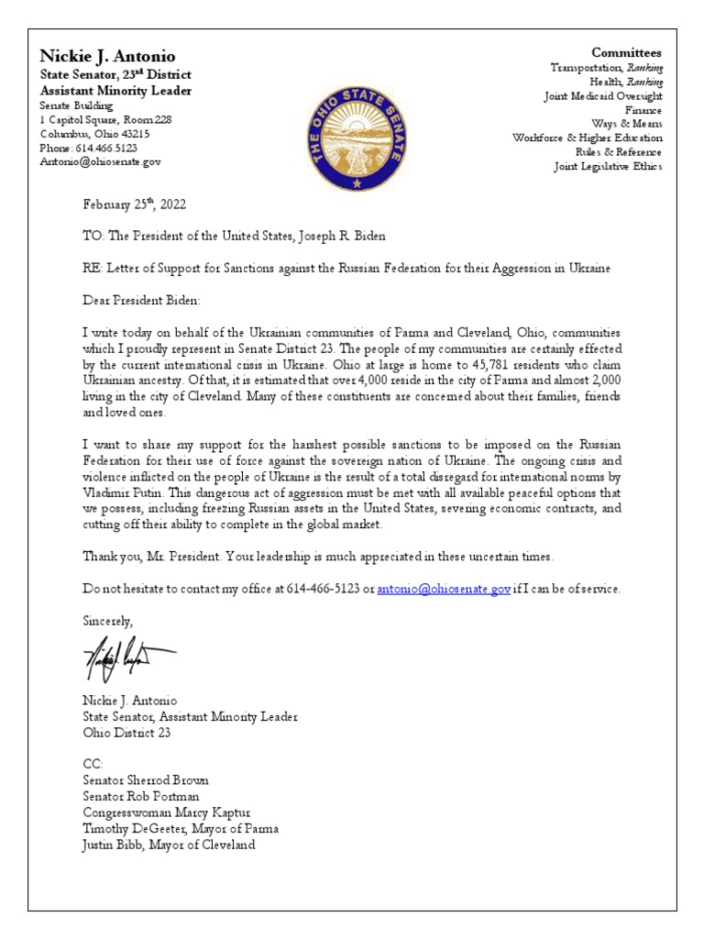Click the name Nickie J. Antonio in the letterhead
pos(109,56)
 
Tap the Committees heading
pos(626,52)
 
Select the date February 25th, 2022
pos(134,204)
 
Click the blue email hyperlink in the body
pos(444,589)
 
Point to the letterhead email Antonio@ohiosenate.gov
pos(100,161)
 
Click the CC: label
pos(93,764)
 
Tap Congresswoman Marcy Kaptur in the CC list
pos(166,812)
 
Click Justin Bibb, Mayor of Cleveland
pos(169,845)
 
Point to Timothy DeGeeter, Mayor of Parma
pos(181,828)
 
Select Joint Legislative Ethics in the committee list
pos(607,166)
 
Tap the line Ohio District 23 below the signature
pos(126,733)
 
